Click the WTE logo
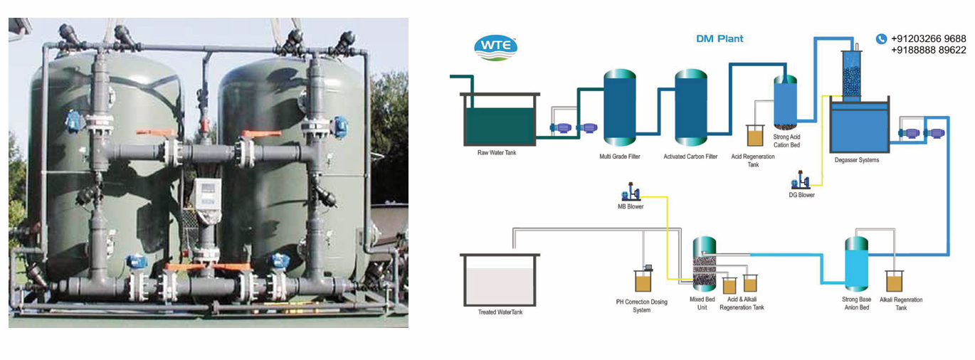tap(496, 48)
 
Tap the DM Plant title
tap(719, 38)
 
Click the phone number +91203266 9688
tap(928, 38)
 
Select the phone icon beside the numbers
tap(881, 39)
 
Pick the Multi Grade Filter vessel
tap(619, 107)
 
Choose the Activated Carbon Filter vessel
tap(690, 107)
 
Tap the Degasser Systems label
tap(856, 160)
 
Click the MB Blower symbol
tap(631, 193)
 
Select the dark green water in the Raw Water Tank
tap(500, 124)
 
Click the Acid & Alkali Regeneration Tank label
tap(742, 304)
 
